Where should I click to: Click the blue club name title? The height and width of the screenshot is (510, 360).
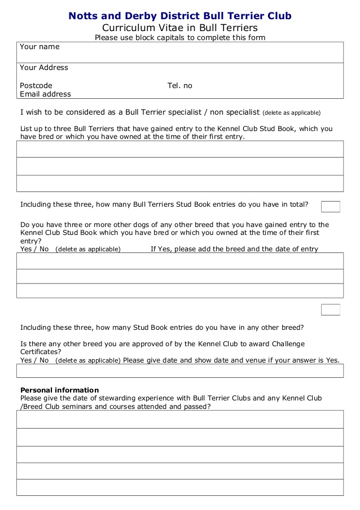click(x=180, y=16)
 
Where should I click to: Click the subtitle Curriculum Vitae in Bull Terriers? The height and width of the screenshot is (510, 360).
click(x=180, y=28)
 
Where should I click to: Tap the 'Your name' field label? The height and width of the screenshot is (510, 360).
click(x=39, y=47)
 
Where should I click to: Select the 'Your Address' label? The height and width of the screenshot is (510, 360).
click(x=44, y=68)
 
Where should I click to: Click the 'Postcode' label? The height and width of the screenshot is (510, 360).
click(x=36, y=86)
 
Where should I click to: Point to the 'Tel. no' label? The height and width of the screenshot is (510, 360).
click(x=180, y=86)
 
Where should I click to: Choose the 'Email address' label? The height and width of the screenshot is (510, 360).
click(x=46, y=94)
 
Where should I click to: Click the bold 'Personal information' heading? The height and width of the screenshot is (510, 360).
click(x=59, y=390)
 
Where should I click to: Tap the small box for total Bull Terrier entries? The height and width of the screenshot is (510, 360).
click(x=330, y=206)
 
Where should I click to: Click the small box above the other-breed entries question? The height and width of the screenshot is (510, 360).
click(x=330, y=310)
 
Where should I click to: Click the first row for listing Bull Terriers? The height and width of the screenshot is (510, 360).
click(x=180, y=149)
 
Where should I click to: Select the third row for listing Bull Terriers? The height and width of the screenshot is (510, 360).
click(x=180, y=184)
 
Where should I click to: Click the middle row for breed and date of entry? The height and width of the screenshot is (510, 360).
click(x=180, y=276)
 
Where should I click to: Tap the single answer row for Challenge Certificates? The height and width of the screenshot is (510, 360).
click(x=180, y=370)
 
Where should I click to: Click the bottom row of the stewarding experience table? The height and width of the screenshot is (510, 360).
click(x=180, y=487)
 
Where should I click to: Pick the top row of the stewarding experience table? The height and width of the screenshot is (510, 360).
click(x=180, y=420)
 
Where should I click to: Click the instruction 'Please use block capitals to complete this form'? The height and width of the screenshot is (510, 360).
click(x=180, y=38)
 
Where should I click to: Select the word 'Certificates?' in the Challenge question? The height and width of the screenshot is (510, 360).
click(x=41, y=351)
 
